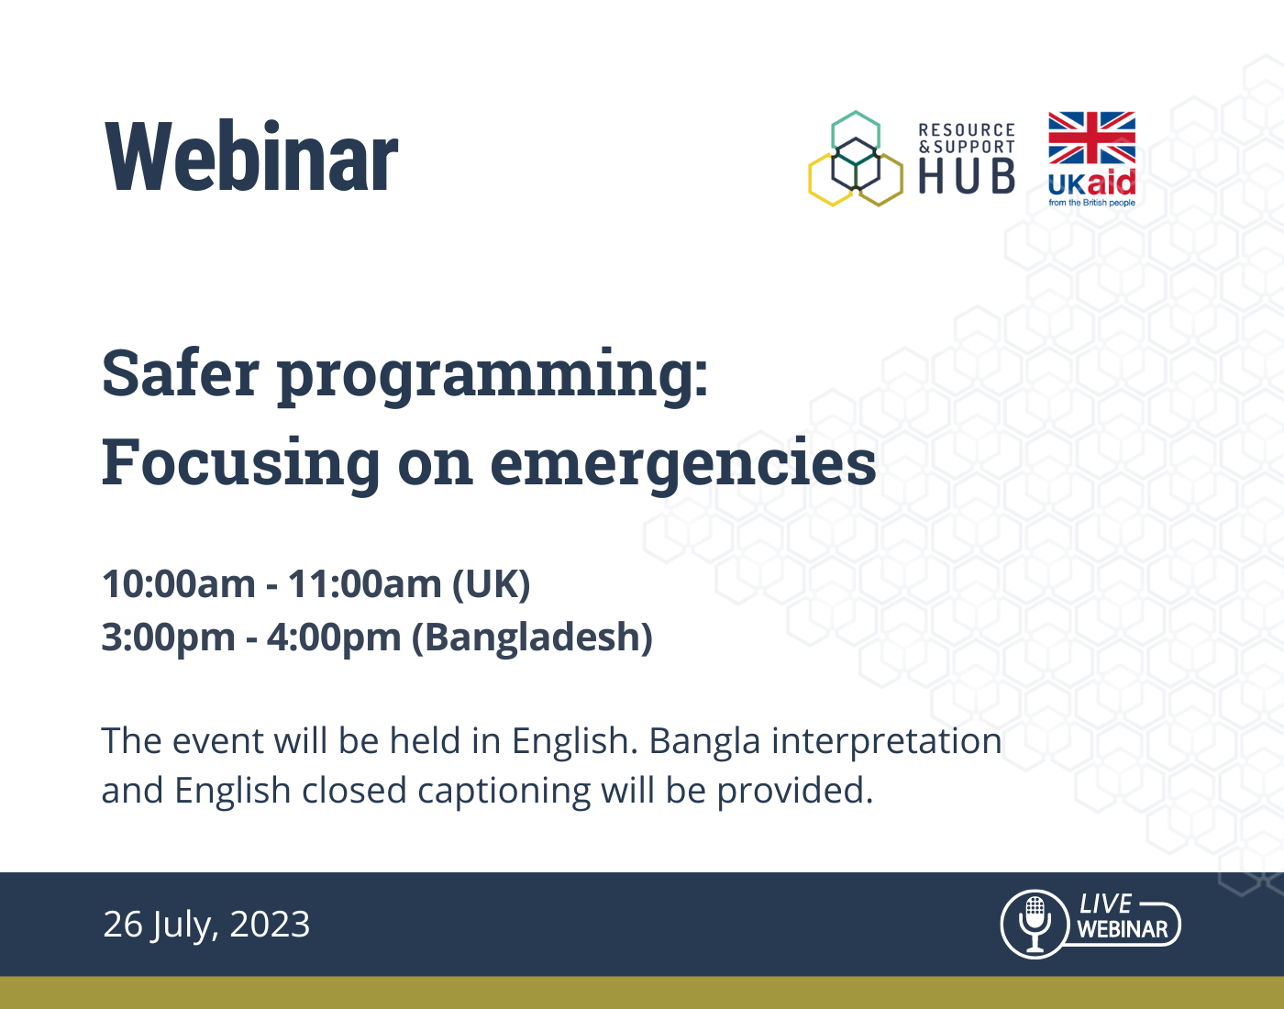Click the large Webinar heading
[x=251, y=156]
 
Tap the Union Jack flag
[x=1091, y=138]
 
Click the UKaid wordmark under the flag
[x=1091, y=183]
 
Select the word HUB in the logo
[x=966, y=177]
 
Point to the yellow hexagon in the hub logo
[x=811, y=178]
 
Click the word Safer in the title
[x=181, y=373]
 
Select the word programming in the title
[x=493, y=378]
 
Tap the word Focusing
[x=240, y=465]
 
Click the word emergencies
[x=682, y=465]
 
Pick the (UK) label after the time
[x=491, y=585]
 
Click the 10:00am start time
[x=179, y=585]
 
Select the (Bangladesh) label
[x=532, y=638]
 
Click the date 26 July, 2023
[x=206, y=925]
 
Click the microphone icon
[x=1035, y=925]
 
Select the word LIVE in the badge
[x=1105, y=904]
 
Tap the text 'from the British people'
[x=1091, y=203]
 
